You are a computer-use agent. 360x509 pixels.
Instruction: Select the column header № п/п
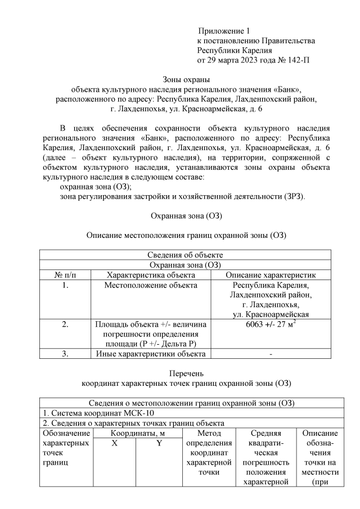(x=65, y=275)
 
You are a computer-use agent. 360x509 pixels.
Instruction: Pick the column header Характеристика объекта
(x=151, y=275)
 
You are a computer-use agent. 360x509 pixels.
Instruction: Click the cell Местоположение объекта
(x=151, y=285)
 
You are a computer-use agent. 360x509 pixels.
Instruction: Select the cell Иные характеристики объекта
(x=151, y=354)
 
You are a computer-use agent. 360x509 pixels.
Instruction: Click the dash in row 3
(x=272, y=354)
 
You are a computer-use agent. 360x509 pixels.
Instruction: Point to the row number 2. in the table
(x=65, y=325)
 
